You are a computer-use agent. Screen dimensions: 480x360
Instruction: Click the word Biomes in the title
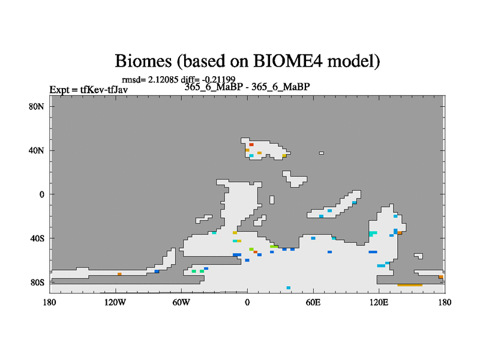tap(143, 61)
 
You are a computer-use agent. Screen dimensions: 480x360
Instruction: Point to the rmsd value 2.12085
tap(163, 80)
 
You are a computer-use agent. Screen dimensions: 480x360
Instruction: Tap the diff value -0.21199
tap(218, 80)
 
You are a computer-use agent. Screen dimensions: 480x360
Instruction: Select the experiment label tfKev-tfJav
tap(104, 89)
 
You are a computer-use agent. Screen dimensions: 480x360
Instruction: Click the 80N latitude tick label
tap(37, 107)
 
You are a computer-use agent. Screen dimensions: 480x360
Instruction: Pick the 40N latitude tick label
tap(37, 151)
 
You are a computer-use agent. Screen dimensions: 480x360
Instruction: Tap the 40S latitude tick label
tap(37, 238)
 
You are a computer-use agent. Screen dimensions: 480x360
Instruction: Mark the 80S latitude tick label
tap(37, 282)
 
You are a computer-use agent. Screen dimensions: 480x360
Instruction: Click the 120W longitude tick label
tap(115, 302)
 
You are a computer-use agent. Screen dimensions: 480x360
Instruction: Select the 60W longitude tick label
tap(181, 302)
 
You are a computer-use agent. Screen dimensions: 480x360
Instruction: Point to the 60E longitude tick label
tap(313, 302)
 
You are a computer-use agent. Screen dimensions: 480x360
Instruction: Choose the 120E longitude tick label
tap(379, 302)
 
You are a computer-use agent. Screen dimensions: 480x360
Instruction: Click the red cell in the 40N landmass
tap(251, 145)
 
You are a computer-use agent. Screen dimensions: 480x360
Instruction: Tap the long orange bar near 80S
tap(410, 285)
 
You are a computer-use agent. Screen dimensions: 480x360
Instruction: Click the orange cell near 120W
tap(119, 274)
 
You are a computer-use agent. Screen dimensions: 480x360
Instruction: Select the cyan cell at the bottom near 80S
tap(289, 288)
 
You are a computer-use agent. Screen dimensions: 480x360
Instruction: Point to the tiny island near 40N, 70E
tap(322, 153)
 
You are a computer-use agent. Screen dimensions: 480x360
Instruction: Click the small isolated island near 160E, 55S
tap(418, 256)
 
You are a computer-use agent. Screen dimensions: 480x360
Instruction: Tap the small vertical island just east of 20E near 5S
tap(272, 200)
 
